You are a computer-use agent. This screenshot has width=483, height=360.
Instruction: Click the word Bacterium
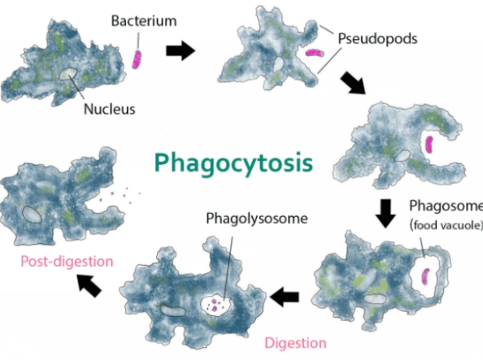pyautogui.click(x=144, y=21)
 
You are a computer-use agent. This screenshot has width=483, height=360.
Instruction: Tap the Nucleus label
pyautogui.click(x=109, y=109)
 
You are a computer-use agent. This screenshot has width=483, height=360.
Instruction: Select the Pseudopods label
pyautogui.click(x=377, y=39)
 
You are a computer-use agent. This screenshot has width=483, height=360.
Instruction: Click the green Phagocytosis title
pyautogui.click(x=233, y=163)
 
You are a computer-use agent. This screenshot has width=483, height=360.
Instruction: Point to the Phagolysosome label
pyautogui.click(x=257, y=219)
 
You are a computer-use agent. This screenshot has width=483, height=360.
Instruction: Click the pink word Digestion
pyautogui.click(x=296, y=343)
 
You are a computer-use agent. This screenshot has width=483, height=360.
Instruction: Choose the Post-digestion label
pyautogui.click(x=67, y=262)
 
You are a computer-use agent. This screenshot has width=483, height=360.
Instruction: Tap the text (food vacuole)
pyautogui.click(x=446, y=225)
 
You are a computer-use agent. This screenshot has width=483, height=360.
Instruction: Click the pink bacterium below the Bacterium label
pyautogui.click(x=137, y=59)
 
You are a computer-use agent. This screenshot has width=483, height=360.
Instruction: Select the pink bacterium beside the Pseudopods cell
pyautogui.click(x=315, y=53)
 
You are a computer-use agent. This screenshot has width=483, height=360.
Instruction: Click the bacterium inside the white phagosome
pyautogui.click(x=425, y=276)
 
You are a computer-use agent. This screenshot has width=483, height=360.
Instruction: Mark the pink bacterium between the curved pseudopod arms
pyautogui.click(x=429, y=145)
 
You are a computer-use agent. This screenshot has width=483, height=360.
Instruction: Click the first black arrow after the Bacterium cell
pyautogui.click(x=181, y=50)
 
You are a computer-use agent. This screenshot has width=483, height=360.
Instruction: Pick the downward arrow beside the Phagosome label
pyautogui.click(x=385, y=214)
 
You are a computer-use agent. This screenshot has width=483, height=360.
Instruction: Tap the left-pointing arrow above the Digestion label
pyautogui.click(x=285, y=297)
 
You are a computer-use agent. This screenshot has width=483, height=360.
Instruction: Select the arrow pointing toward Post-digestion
pyautogui.click(x=89, y=286)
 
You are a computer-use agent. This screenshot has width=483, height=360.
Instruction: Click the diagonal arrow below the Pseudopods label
pyautogui.click(x=353, y=83)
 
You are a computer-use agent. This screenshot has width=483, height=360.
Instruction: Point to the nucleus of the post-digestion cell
pyautogui.click(x=32, y=215)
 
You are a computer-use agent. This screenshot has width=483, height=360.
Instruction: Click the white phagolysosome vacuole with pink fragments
pyautogui.click(x=215, y=305)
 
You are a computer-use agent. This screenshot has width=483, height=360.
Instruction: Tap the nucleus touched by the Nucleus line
pyautogui.click(x=67, y=74)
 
